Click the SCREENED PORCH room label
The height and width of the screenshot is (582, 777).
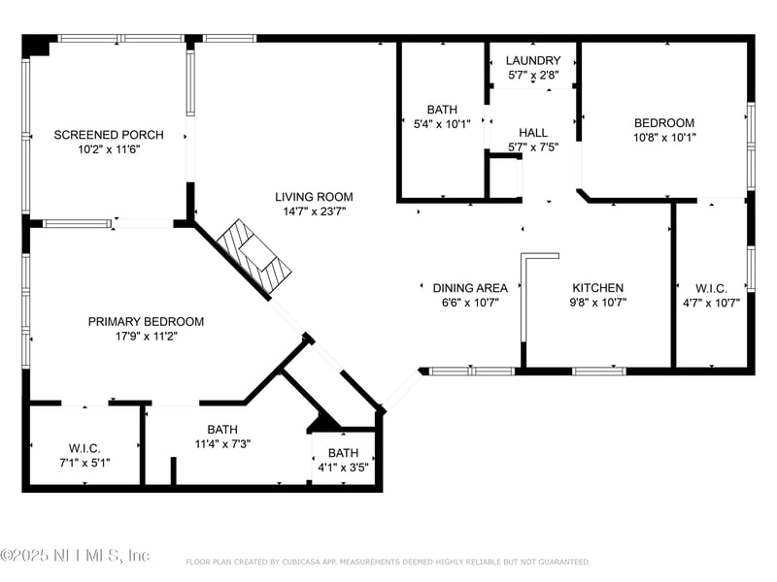pyautogui.click(x=109, y=135)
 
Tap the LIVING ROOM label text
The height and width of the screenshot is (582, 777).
pyautogui.click(x=314, y=197)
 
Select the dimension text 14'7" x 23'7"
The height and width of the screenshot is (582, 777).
pyautogui.click(x=314, y=211)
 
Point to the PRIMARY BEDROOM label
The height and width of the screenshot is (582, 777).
pyautogui.click(x=146, y=322)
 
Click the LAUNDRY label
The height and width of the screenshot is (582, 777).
pyautogui.click(x=533, y=60)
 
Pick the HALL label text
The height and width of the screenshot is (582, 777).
pyautogui.click(x=533, y=133)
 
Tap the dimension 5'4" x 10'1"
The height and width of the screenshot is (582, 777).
pyautogui.click(x=442, y=124)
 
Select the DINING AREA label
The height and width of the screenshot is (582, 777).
pyautogui.click(x=470, y=288)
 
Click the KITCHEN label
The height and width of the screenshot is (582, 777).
pyautogui.click(x=598, y=287)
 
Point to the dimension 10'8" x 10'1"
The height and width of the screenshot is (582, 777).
pyautogui.click(x=664, y=137)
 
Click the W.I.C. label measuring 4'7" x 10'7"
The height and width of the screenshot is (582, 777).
pyautogui.click(x=711, y=288)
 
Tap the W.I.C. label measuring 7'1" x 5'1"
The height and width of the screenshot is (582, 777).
pyautogui.click(x=84, y=448)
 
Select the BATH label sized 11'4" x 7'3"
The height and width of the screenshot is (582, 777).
pyautogui.click(x=222, y=429)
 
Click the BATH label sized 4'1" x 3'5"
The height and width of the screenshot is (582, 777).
pyautogui.click(x=343, y=453)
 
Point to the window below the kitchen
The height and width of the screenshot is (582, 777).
pyautogui.click(x=599, y=372)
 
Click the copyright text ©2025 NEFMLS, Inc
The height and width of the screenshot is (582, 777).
pyautogui.click(x=75, y=555)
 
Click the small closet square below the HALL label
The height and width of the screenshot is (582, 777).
pyautogui.click(x=503, y=177)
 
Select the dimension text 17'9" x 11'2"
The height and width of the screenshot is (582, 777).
pyautogui.click(x=147, y=336)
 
